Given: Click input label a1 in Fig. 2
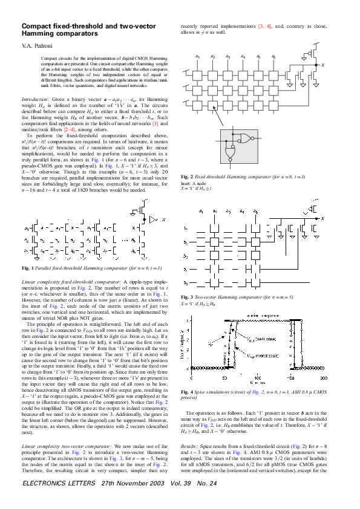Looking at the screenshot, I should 198,56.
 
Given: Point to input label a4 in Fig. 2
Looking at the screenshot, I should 243,56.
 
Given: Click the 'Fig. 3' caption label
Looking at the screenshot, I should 188,297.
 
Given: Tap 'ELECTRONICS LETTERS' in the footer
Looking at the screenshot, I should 59,501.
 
